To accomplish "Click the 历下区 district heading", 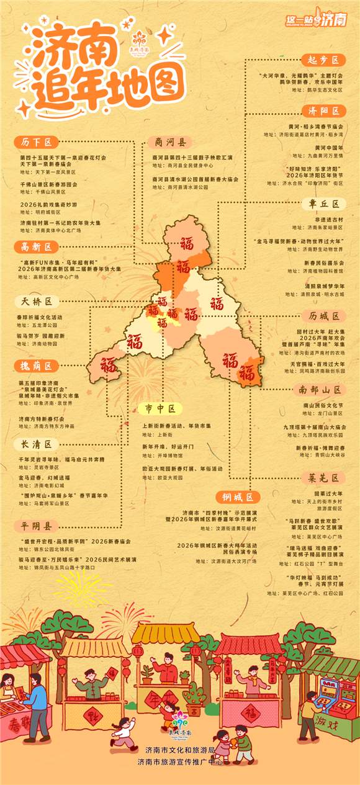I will [36, 142].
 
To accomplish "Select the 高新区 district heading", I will [36, 246].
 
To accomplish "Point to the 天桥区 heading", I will [36, 302].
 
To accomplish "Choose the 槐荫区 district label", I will [36, 366].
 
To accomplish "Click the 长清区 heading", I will [36, 444].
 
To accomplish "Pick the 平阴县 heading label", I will [36, 526].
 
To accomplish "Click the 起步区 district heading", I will [323, 60].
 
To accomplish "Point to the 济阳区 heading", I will [323, 110].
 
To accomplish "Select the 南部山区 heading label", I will [319, 390].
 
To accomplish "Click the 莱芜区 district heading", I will [323, 478].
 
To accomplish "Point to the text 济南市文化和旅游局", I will [179, 750].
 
